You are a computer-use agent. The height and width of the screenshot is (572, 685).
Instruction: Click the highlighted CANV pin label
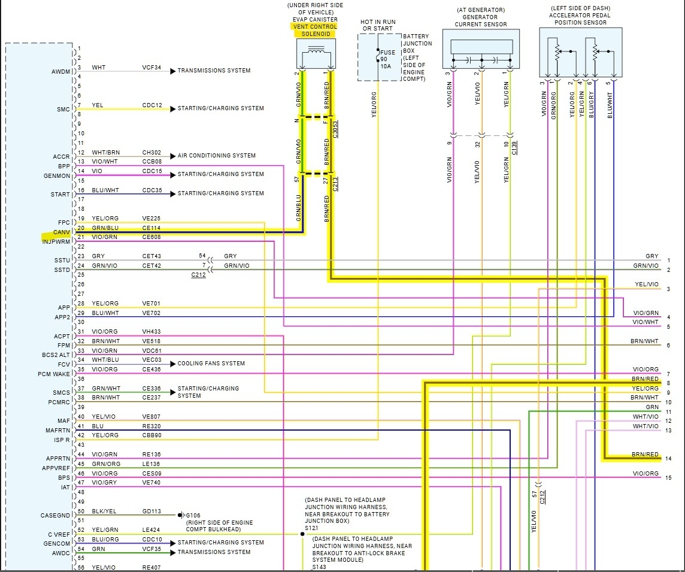point(61,232)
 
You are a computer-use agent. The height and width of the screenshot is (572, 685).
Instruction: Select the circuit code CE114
point(151,228)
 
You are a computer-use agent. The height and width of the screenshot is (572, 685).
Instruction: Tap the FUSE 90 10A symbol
point(387,59)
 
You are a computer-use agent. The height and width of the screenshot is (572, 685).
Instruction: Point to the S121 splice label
point(312,529)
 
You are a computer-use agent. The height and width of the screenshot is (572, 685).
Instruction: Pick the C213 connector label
point(336,183)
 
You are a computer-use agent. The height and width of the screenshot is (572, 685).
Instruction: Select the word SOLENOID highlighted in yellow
point(315,34)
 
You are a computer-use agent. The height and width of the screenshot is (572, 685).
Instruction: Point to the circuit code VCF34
point(151,68)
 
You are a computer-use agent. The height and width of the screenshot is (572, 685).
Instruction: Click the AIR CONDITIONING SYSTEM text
point(217,156)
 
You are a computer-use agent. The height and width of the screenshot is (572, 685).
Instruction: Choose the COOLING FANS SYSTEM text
point(211,364)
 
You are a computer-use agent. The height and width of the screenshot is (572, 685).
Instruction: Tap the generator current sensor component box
point(481,52)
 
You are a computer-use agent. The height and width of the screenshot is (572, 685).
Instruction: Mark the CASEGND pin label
point(56,515)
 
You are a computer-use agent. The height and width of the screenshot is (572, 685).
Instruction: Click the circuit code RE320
point(151,426)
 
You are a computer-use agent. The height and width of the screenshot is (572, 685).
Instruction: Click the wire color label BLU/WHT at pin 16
point(105,190)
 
